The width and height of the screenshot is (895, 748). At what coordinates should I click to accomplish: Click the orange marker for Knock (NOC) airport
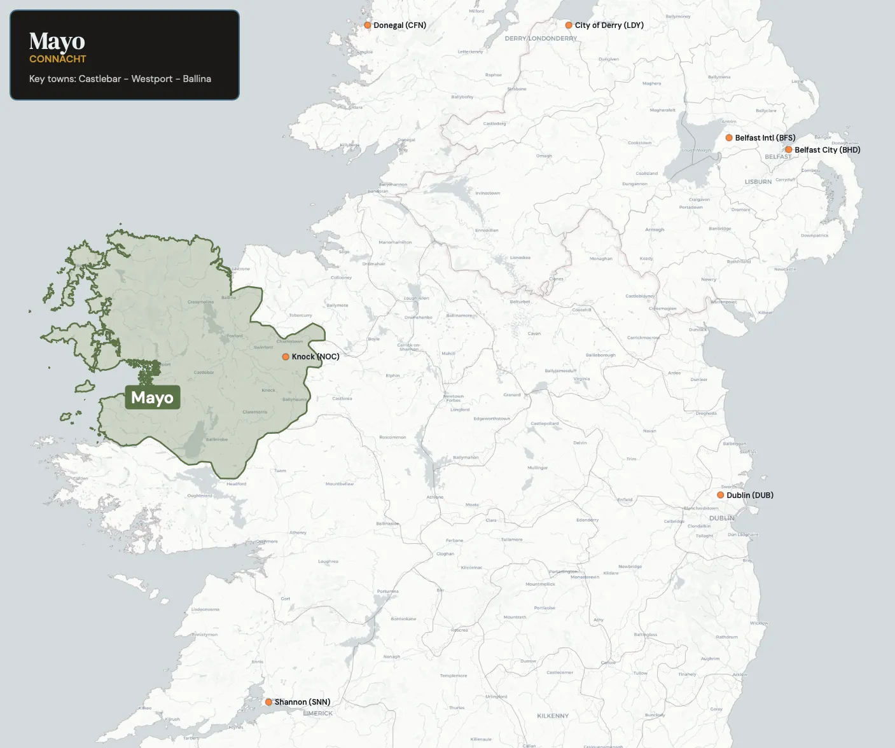(286, 357)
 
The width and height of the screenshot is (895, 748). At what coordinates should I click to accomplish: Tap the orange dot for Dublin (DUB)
(721, 495)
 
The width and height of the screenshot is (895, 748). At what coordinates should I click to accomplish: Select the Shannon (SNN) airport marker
(268, 702)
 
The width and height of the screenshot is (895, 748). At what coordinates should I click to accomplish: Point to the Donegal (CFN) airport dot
(368, 25)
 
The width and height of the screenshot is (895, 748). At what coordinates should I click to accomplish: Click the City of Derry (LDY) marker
(569, 25)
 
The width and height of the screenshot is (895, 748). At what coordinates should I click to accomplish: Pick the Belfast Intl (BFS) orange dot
(729, 138)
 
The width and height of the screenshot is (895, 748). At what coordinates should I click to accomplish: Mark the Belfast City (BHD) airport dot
(789, 150)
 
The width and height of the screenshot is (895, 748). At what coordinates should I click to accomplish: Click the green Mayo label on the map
(152, 398)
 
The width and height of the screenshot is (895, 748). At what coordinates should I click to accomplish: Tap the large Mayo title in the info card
(57, 41)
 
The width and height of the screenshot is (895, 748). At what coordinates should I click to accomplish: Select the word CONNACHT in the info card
(57, 59)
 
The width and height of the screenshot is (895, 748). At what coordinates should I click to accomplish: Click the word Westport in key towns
(152, 79)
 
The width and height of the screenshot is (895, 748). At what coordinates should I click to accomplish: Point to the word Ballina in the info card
(197, 79)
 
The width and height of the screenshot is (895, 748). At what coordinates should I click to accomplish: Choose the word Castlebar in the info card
(100, 79)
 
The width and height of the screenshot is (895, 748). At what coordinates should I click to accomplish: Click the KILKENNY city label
(553, 716)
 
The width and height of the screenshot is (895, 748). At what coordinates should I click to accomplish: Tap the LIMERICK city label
(317, 713)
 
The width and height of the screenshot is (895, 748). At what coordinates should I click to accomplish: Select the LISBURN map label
(758, 182)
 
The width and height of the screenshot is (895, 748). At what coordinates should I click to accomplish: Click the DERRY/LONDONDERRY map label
(541, 38)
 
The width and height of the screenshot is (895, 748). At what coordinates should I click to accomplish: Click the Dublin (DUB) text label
(750, 495)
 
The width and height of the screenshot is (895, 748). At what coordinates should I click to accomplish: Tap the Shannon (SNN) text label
(302, 702)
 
